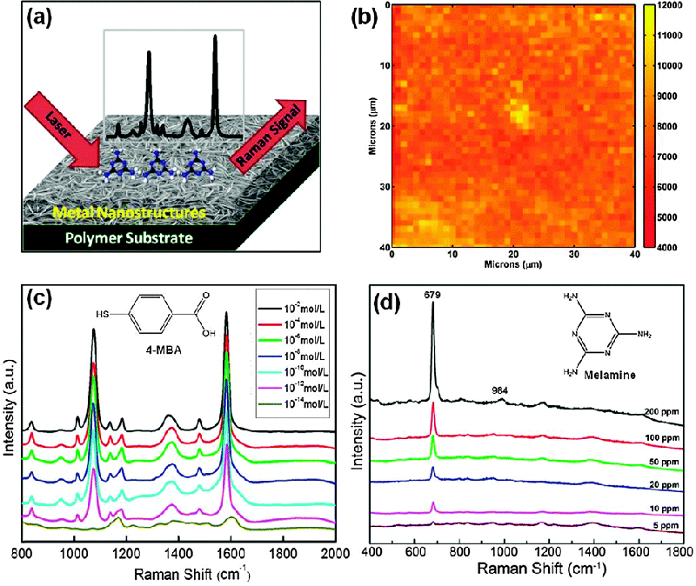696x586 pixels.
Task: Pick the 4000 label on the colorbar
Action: (669, 247)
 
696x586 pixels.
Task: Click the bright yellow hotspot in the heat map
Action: (519, 114)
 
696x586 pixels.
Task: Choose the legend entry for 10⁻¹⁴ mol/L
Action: (290, 403)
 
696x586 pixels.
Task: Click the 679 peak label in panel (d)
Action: (432, 296)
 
